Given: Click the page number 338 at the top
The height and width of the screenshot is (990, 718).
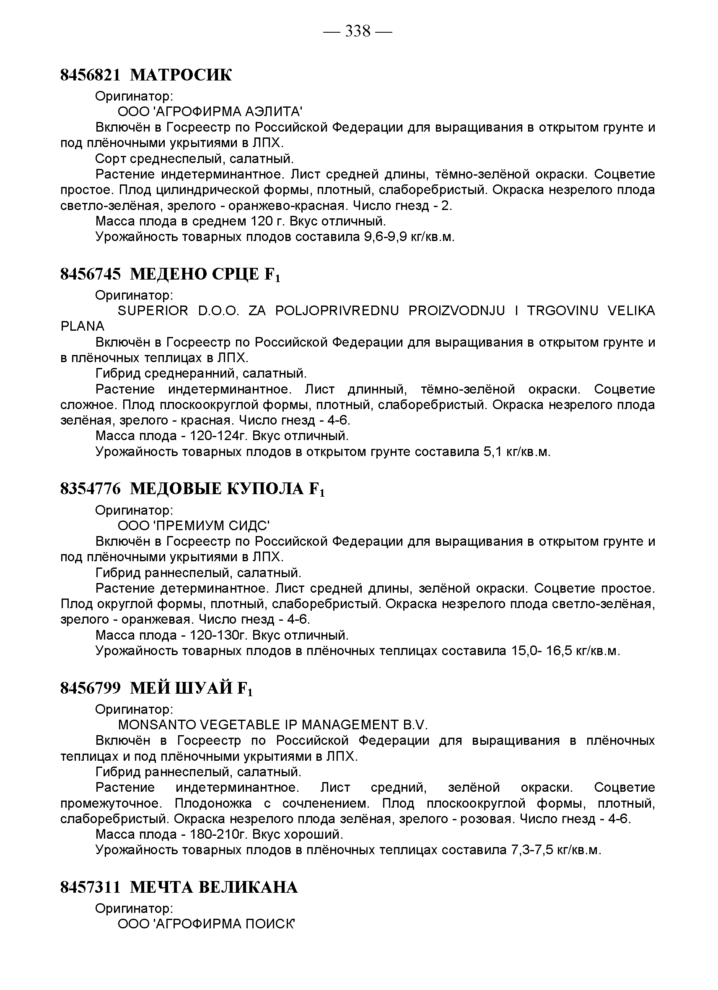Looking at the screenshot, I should point(358,31).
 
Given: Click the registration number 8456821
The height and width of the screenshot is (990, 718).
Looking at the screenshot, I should point(90,75).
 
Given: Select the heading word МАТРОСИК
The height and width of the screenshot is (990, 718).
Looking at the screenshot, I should point(181,75).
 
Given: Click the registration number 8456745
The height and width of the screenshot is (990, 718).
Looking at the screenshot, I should point(90,274).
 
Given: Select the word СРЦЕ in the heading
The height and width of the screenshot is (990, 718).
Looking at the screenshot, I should point(235,274).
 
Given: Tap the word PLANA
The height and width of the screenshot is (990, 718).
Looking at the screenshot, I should point(82,326).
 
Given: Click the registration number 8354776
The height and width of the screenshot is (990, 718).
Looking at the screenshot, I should point(90,489).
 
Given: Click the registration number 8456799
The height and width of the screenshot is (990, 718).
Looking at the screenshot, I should point(90,688).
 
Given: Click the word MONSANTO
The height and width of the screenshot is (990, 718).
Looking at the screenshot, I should point(156,725).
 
